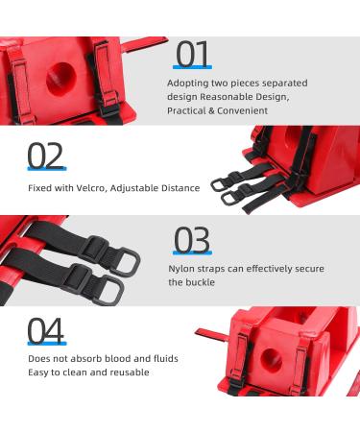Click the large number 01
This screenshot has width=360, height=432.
193,54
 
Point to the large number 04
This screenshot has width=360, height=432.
46,328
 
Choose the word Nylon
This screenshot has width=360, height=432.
183,270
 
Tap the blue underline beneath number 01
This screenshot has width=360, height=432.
193,68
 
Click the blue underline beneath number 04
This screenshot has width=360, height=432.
46,343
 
